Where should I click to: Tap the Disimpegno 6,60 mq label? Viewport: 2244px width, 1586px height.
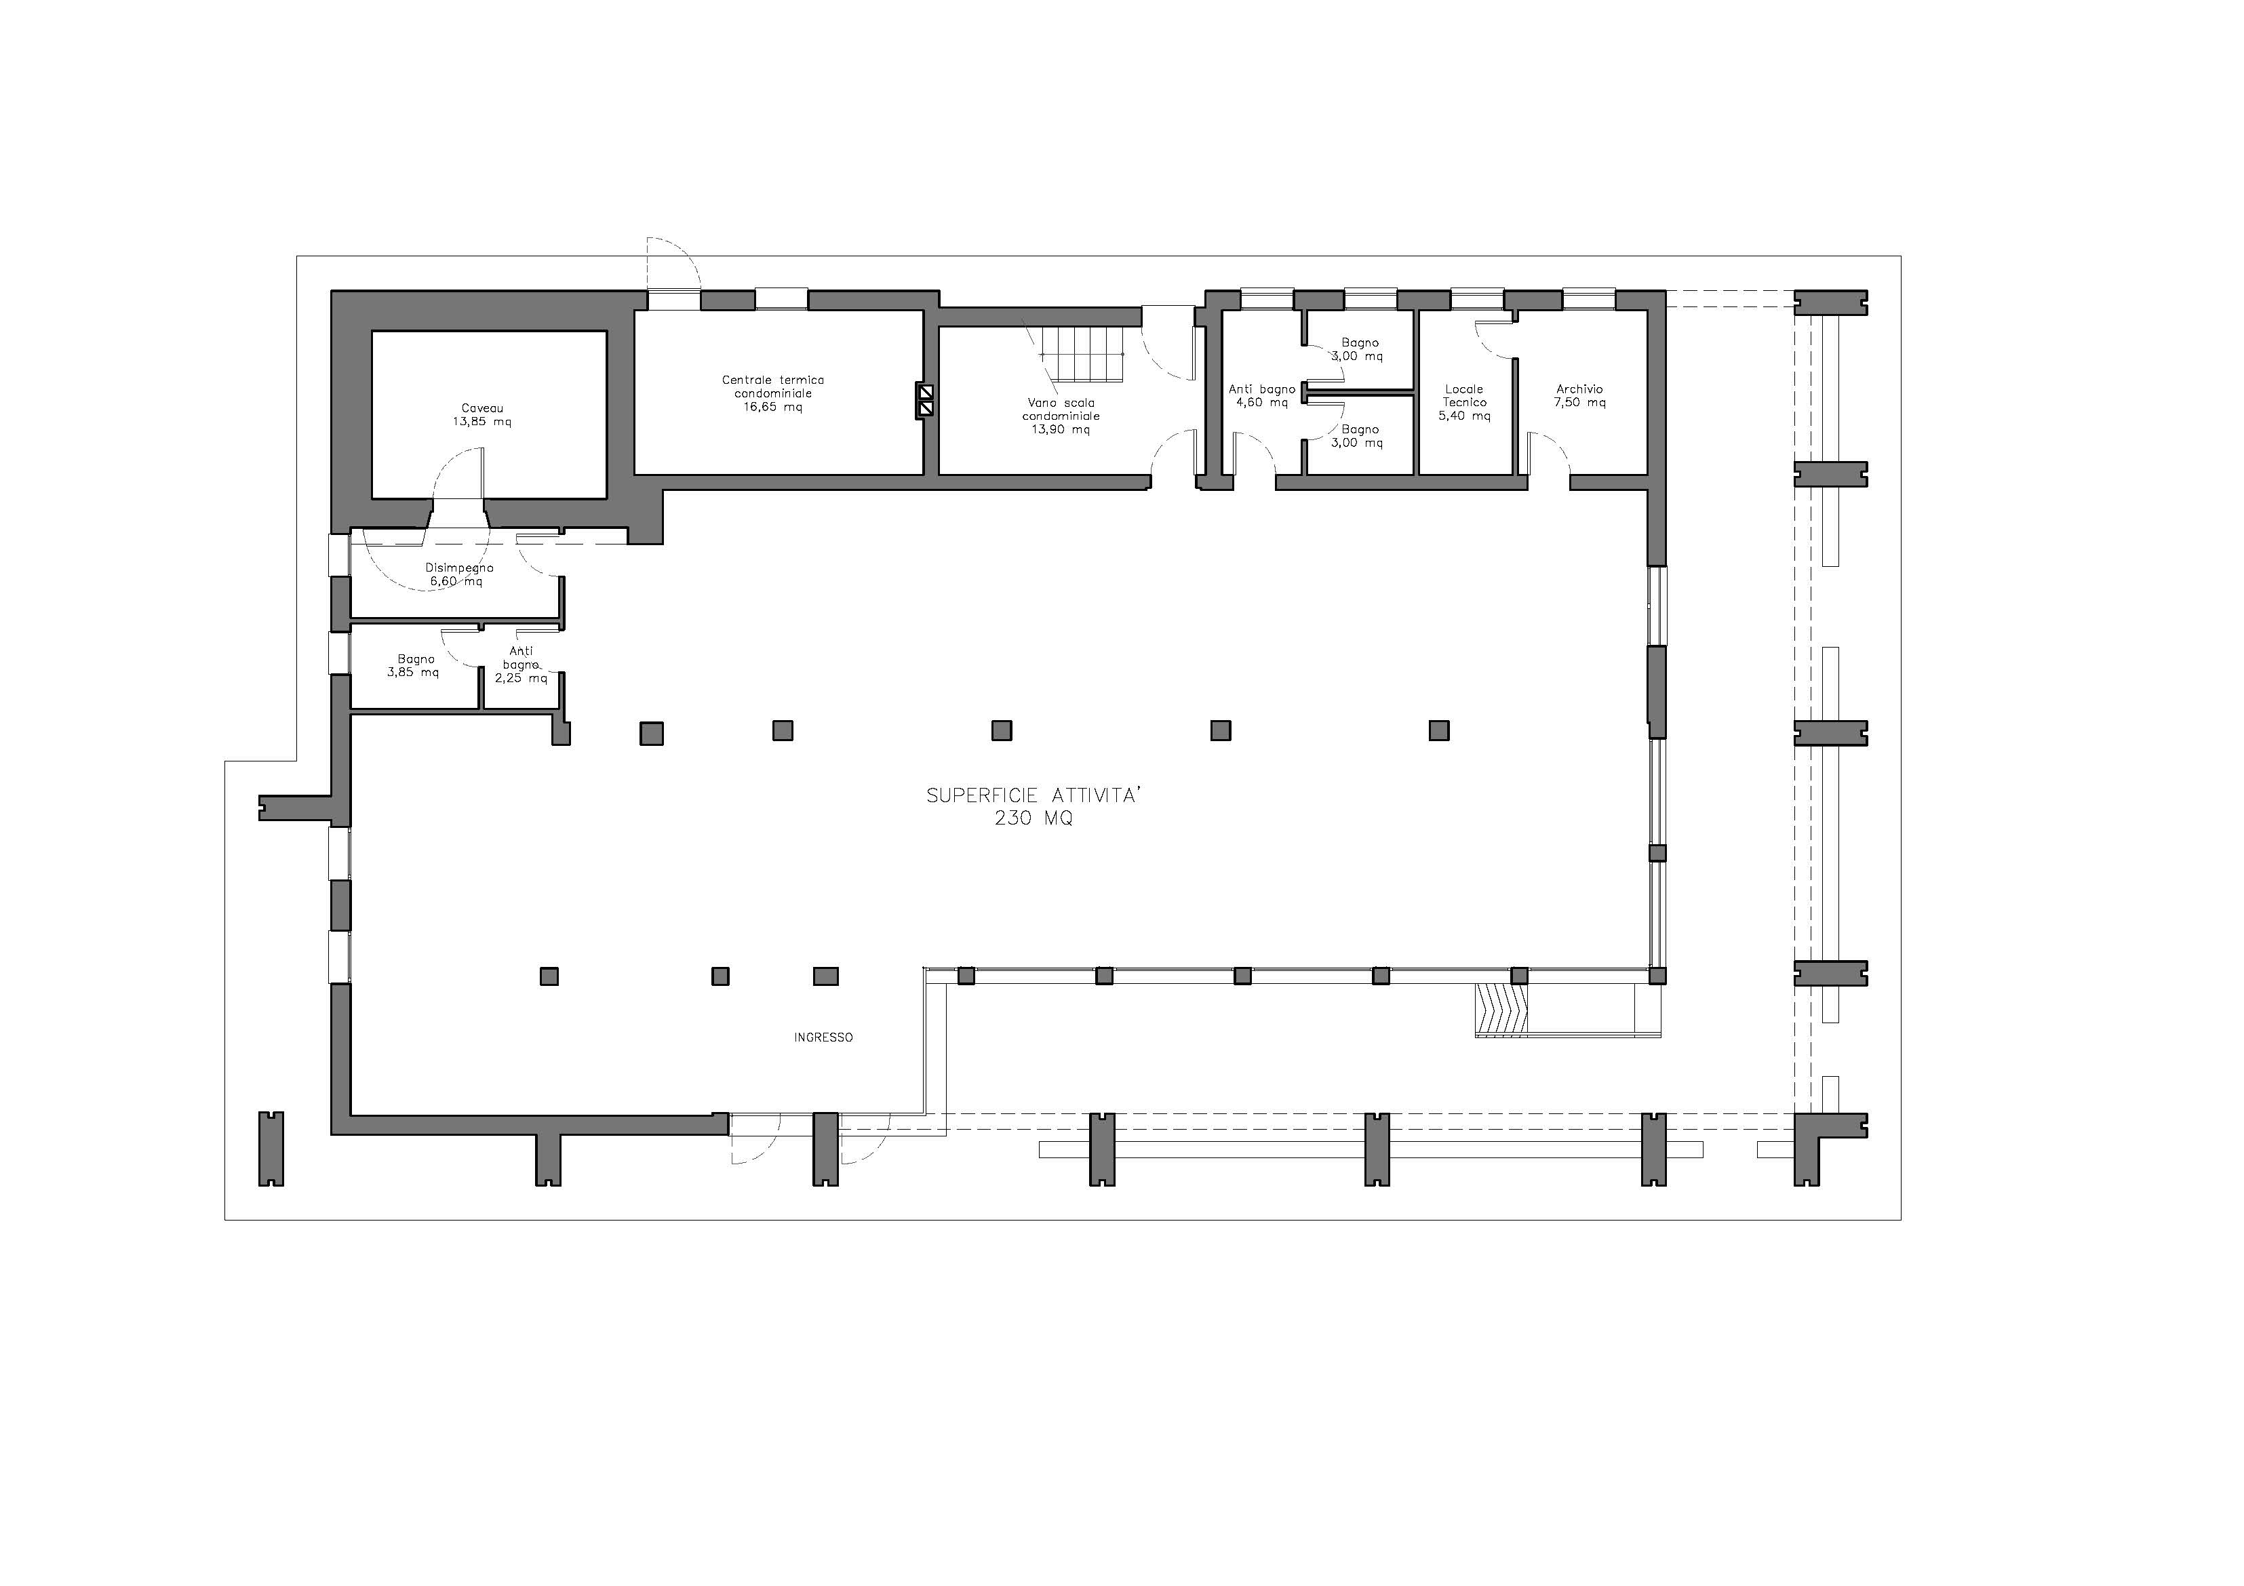click(458, 574)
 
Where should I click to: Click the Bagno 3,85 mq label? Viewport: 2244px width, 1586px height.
click(414, 665)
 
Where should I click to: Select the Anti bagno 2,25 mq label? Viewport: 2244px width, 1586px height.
click(521, 665)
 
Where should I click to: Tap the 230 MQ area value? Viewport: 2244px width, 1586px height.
click(1034, 819)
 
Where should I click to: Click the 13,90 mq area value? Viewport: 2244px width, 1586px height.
click(1061, 430)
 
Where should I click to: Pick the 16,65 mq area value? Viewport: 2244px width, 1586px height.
click(773, 408)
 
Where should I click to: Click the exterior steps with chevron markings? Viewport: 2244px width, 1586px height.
click(1501, 1008)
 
